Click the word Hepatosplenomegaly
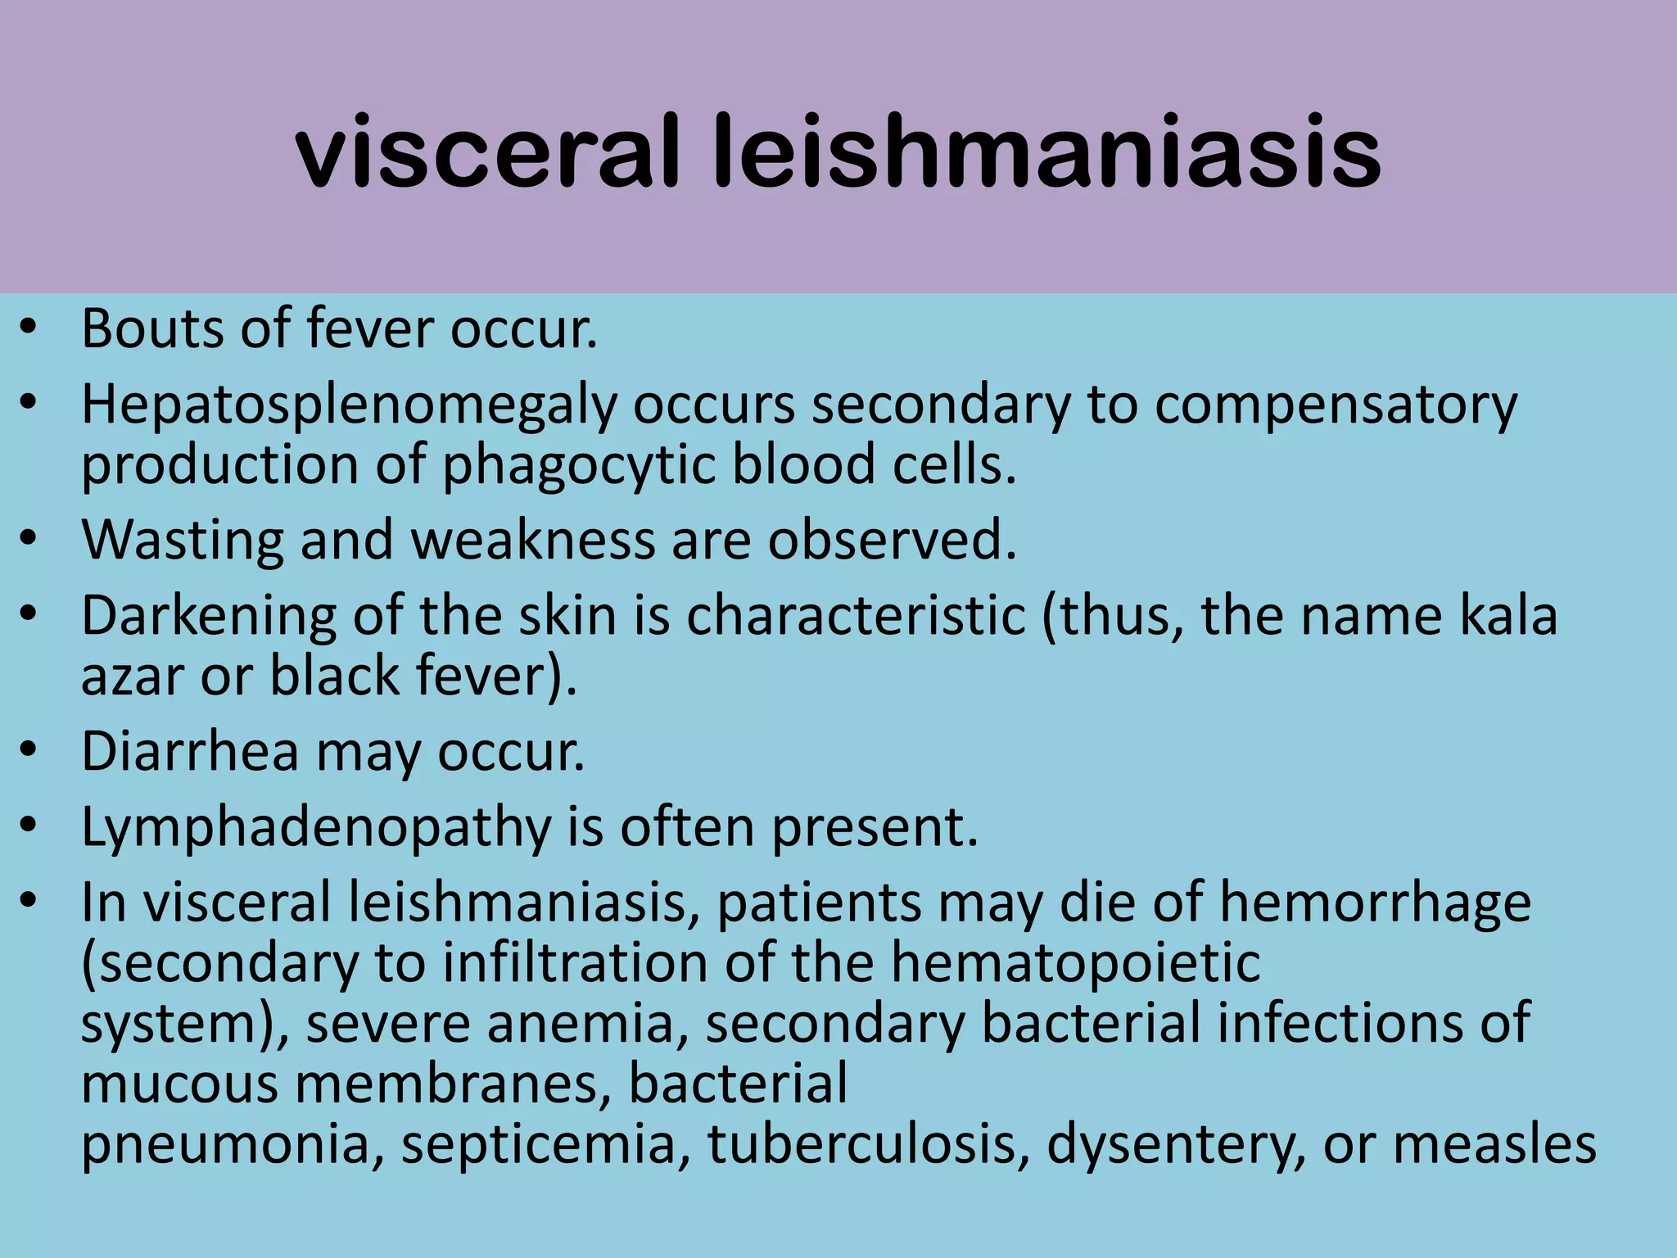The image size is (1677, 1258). click(x=348, y=406)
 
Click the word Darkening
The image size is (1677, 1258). click(x=209, y=616)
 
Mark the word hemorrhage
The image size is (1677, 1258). click(x=1375, y=903)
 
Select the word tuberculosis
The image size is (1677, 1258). click(x=868, y=1144)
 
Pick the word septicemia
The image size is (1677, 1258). click(x=545, y=1144)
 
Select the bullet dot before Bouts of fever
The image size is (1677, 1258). click(x=29, y=328)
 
